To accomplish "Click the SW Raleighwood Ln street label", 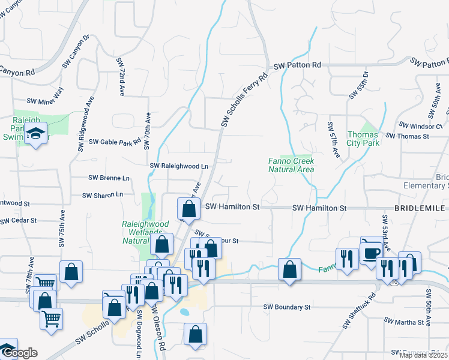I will coord(179,166).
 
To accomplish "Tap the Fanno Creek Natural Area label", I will coord(291,165).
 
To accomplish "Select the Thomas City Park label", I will coord(363,139).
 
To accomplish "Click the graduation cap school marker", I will coord(36,135).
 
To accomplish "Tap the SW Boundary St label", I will coord(287,307).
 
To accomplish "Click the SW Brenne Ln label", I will coord(109,178).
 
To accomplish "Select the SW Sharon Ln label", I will coord(102,195).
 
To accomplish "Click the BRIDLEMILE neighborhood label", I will coord(420,208).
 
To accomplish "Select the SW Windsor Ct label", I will coord(420,126).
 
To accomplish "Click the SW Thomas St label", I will coord(408,136).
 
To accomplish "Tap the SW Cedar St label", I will coord(18,221).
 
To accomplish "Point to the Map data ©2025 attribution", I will coord(424,355).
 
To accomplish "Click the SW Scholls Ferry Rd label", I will coord(243,100).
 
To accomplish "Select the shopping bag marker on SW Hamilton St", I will coord(188,209).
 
